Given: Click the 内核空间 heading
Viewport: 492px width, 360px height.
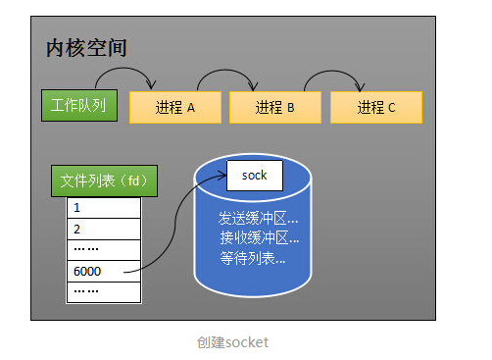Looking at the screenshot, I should [86, 48].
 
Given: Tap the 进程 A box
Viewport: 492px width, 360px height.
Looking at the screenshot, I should [175, 108].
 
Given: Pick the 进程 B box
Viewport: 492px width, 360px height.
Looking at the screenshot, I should [275, 108].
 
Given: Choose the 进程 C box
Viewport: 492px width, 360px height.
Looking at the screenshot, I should [376, 108].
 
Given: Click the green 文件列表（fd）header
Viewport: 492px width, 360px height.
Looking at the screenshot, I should [104, 181].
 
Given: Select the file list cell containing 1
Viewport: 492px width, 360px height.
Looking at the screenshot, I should [104, 208].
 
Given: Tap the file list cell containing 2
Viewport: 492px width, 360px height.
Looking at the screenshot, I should [104, 229].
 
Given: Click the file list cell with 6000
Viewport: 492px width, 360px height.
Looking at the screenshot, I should [104, 271].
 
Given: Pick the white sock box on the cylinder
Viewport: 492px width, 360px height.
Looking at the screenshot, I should [254, 176].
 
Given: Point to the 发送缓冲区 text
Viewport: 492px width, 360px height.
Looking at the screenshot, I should [258, 217].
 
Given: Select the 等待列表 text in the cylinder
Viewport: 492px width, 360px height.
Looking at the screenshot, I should [253, 259].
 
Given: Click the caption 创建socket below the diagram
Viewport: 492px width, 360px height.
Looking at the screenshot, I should [232, 342].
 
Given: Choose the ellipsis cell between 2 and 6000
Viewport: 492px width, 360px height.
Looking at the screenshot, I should [104, 249].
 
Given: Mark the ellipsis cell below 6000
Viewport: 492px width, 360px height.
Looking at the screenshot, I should [104, 291].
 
